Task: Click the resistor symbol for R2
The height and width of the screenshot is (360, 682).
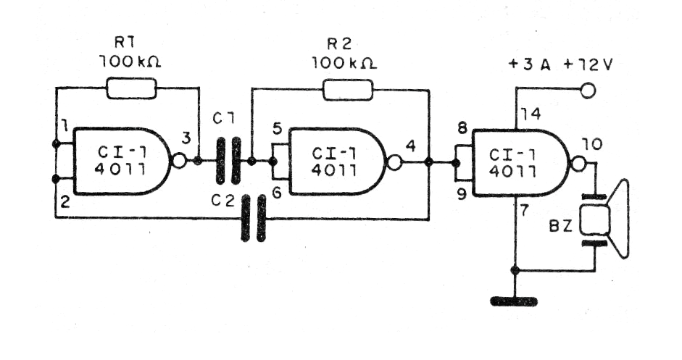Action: (347, 89)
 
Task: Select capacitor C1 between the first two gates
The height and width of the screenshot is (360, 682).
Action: (228, 161)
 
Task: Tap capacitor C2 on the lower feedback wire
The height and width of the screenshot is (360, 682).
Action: (252, 217)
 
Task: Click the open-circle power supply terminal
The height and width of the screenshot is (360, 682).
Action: (588, 91)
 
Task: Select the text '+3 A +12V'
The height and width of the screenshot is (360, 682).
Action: (561, 64)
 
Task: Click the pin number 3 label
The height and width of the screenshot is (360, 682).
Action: (186, 138)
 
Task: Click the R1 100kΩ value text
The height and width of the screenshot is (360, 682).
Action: (130, 63)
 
